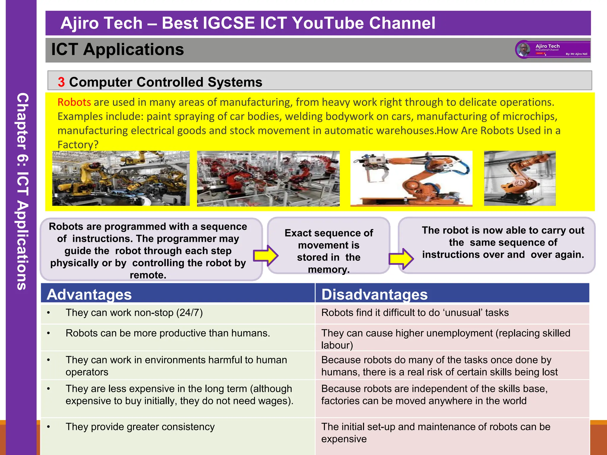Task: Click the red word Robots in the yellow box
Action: (x=74, y=102)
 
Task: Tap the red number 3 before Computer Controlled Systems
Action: (x=61, y=82)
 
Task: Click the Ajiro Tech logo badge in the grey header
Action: (x=553, y=49)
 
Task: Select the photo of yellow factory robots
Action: (x=121, y=178)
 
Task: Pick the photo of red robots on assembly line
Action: (x=268, y=178)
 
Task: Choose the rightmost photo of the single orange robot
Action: (x=520, y=178)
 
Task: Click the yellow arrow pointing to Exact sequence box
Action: (x=266, y=255)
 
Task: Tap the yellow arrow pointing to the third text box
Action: (x=401, y=258)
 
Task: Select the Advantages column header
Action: (x=89, y=294)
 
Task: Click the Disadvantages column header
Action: (x=374, y=294)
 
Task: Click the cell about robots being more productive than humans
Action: (x=168, y=333)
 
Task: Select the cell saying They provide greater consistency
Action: (x=140, y=427)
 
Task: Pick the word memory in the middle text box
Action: (x=328, y=270)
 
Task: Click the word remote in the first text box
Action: (x=148, y=275)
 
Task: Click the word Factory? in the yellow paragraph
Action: (x=78, y=145)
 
